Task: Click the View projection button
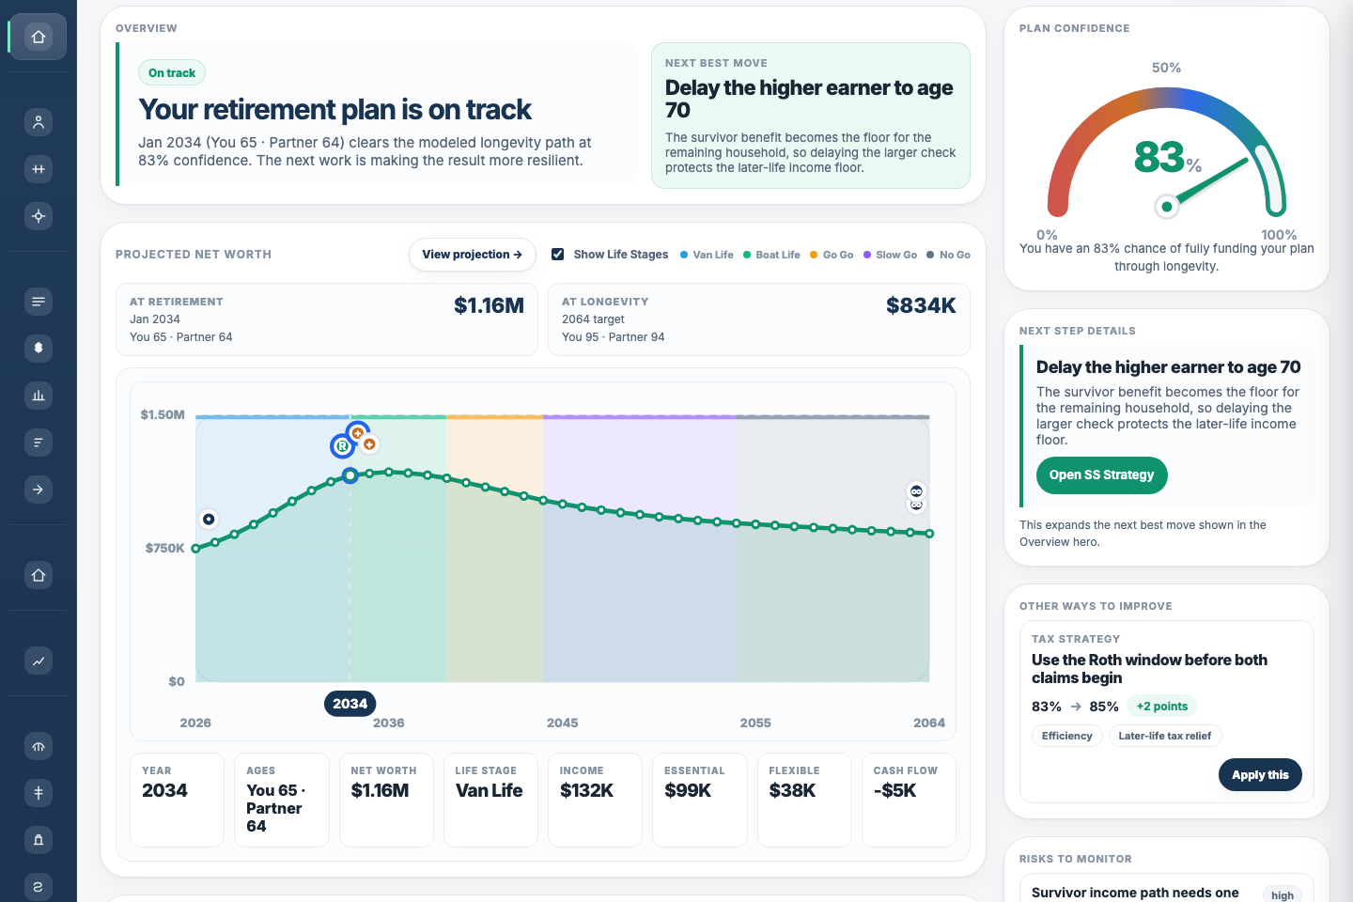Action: (472, 255)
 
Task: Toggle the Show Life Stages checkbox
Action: (558, 255)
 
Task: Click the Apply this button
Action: (1260, 775)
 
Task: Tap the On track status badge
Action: (172, 73)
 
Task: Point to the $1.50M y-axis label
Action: (163, 414)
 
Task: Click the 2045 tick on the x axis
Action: (562, 723)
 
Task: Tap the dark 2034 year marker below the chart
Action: (350, 704)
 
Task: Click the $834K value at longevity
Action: (920, 305)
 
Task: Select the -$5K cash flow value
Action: (894, 791)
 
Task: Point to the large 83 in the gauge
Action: (1159, 157)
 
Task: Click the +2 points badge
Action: (1161, 707)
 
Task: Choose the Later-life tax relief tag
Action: (1164, 736)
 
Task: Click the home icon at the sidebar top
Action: (39, 37)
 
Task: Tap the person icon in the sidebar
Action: (39, 122)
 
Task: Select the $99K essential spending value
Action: (688, 791)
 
